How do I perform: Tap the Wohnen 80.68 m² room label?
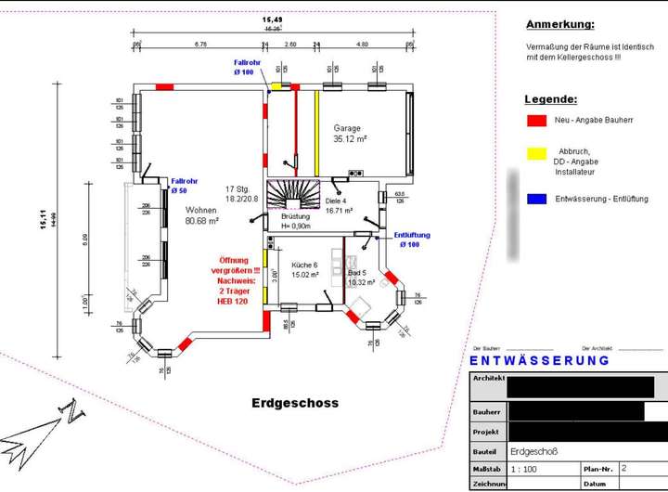pos(201,215)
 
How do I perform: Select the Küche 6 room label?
pos(299,269)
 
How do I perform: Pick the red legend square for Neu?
pos(535,121)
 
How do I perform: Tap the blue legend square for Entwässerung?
pos(535,199)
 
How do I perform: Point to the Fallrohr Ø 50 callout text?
pos(186,186)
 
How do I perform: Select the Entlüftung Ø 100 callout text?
pos(412,240)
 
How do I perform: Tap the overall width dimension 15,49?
pos(272,19)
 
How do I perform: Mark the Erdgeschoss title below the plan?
pos(295,403)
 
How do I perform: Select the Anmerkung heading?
pos(559,24)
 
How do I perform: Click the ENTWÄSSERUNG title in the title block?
pos(539,360)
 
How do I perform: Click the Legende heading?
pos(550,98)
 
